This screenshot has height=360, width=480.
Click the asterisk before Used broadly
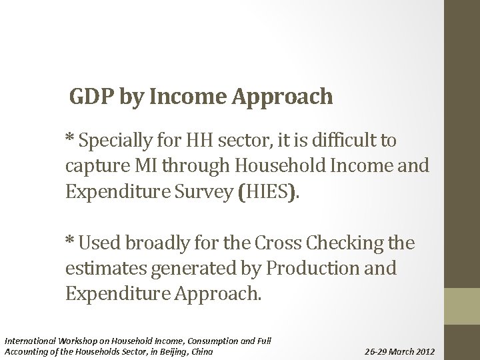pos(70,242)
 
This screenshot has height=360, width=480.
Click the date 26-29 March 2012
pos(399,351)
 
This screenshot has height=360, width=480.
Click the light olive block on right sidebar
pos(462,306)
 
